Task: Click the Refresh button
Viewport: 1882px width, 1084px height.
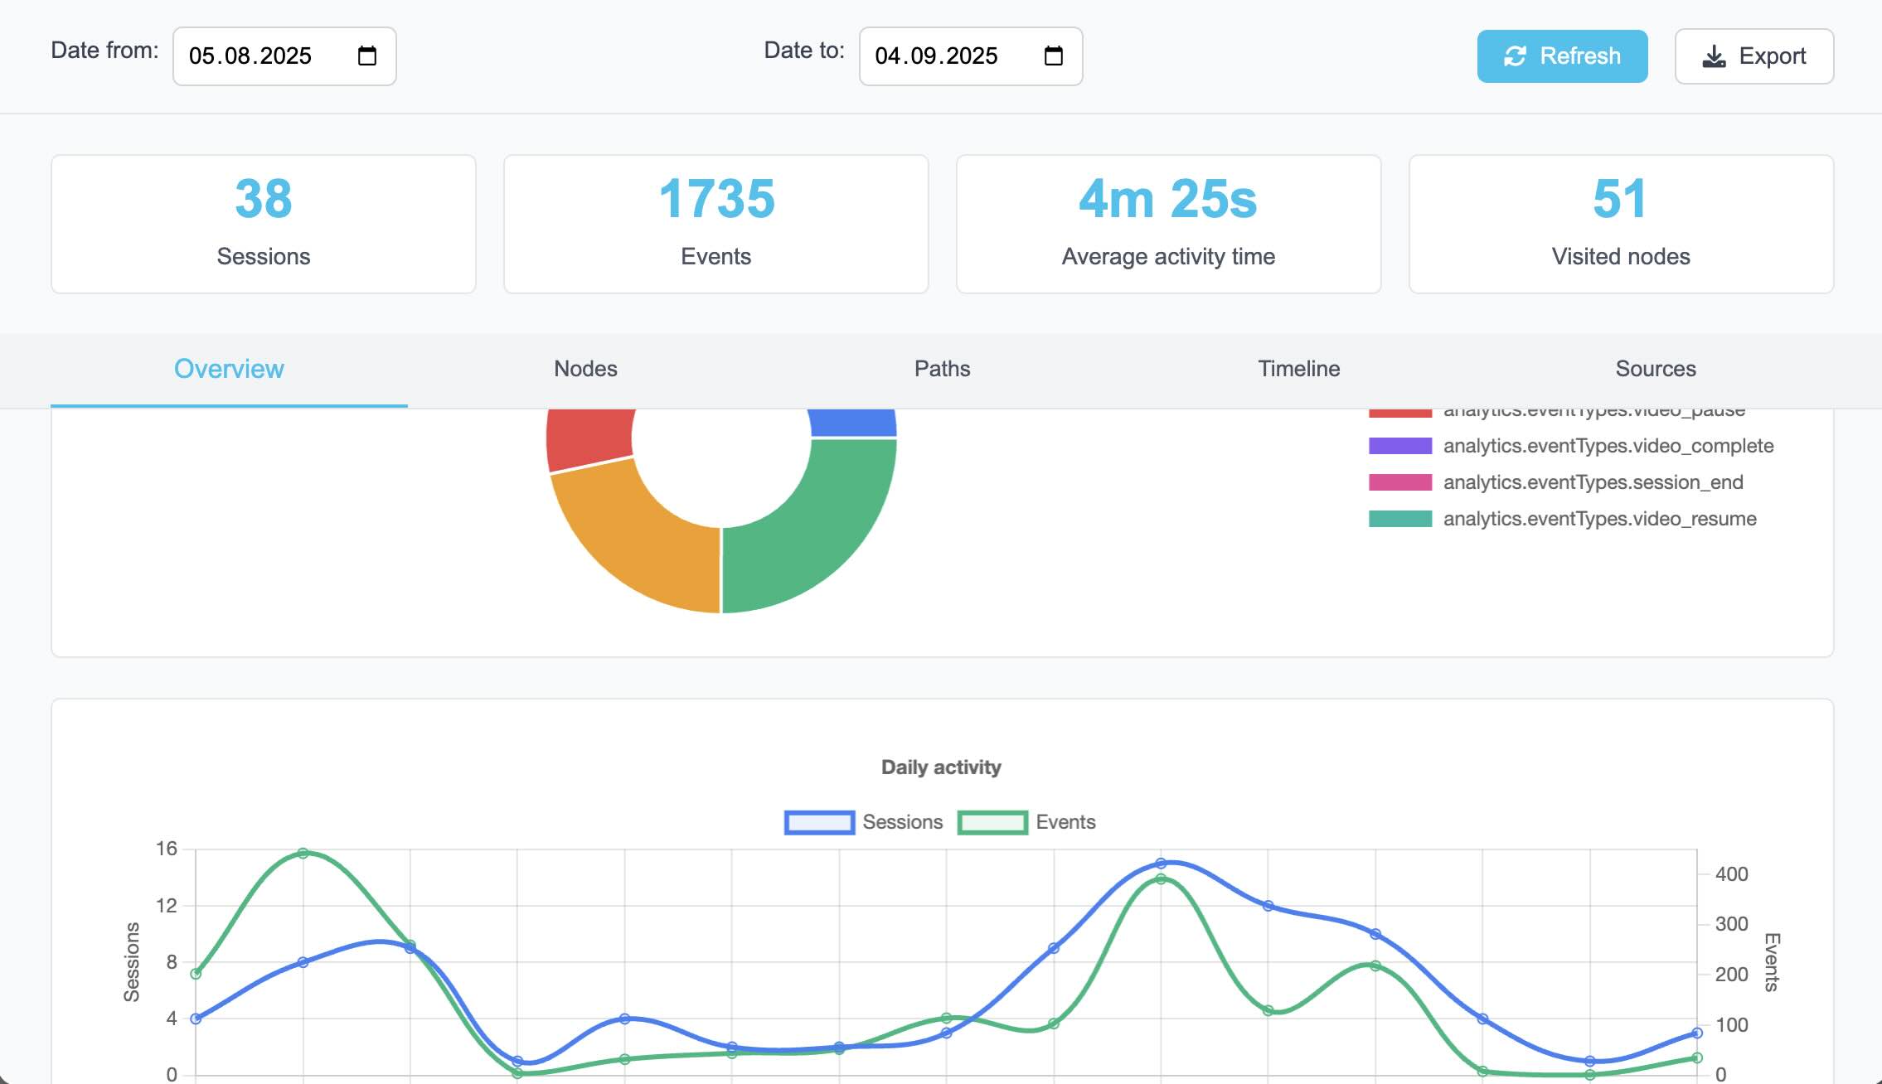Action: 1562,56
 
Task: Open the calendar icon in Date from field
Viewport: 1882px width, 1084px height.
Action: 366,56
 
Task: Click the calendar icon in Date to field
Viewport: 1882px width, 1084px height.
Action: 1053,56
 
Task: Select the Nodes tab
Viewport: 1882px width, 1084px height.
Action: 585,369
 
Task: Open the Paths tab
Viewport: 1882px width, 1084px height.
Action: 942,369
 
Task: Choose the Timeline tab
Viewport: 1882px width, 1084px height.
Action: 1298,369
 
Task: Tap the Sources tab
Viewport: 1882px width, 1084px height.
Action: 1655,369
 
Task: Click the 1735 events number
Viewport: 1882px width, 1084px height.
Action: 716,199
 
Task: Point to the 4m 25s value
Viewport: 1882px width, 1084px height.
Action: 1167,199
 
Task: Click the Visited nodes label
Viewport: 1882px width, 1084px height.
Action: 1620,257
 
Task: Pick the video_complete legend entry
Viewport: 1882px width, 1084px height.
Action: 1608,446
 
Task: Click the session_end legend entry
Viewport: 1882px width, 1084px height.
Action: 1593,482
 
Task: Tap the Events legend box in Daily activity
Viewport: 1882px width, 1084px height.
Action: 992,822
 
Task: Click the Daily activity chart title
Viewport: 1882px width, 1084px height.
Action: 941,767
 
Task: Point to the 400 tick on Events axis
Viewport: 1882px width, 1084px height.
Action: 1731,874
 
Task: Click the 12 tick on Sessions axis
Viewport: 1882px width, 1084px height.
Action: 167,906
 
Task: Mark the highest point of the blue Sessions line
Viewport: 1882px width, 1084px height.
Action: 1161,864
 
